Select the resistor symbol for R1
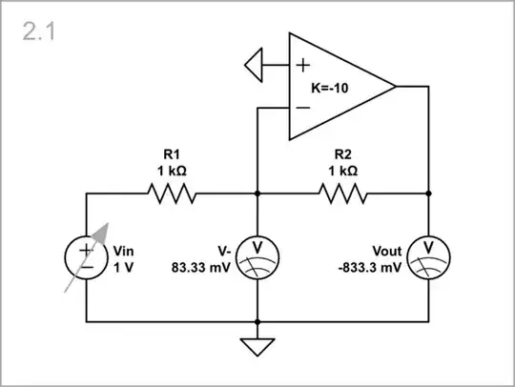(172, 194)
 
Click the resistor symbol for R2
(343, 194)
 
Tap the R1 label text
(172, 153)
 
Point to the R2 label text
(344, 153)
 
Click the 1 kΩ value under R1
(172, 171)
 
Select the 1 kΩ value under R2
(344, 171)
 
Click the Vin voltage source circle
(87, 258)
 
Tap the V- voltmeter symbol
(258, 258)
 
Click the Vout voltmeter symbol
(429, 258)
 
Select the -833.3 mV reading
(372, 268)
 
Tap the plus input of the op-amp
(302, 66)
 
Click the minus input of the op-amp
(302, 108)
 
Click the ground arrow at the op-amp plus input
(254, 66)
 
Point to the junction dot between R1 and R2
(258, 194)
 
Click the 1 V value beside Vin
(124, 268)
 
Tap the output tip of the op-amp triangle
(395, 87)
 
